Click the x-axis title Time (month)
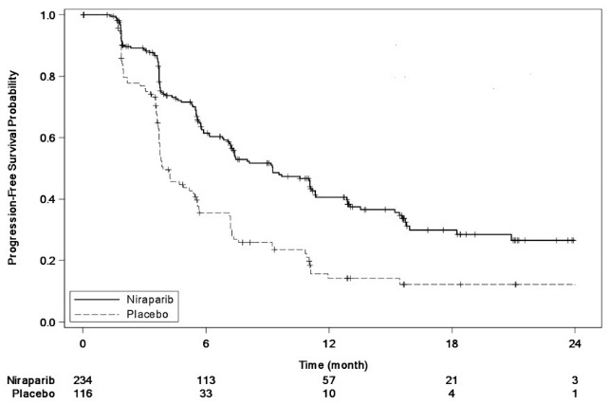[328, 363]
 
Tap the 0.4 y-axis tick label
[46, 199]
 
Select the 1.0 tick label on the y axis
[46, 15]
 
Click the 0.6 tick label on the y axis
[46, 138]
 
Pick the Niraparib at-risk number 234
[83, 377]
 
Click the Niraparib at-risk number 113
[206, 377]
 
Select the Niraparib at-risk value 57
[328, 377]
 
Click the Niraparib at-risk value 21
[451, 377]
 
